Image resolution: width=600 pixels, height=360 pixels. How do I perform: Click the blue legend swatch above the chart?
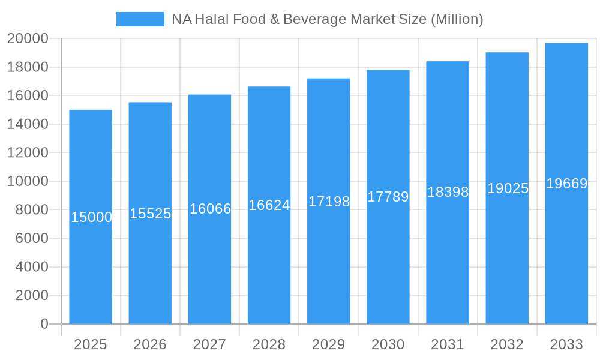(140, 19)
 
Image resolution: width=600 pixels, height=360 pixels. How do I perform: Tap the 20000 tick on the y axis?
(28, 38)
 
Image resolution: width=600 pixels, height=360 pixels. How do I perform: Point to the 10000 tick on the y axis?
(28, 181)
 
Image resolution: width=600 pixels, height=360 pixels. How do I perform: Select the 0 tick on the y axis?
(44, 324)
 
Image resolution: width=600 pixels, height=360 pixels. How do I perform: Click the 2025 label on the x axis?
(91, 344)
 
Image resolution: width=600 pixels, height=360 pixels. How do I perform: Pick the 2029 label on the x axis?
(328, 344)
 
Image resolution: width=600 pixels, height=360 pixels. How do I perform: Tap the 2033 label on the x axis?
(566, 344)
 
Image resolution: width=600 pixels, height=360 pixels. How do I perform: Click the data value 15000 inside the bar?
(91, 217)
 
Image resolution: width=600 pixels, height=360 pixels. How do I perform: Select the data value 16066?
(210, 209)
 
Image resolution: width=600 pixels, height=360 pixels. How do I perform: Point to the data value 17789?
(388, 197)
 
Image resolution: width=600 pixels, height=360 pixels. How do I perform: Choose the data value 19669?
(566, 184)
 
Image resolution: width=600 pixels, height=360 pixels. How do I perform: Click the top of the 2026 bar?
(150, 103)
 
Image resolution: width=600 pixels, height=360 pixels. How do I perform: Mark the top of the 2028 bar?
(269, 87)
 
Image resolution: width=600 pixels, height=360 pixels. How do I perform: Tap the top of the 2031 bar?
(448, 62)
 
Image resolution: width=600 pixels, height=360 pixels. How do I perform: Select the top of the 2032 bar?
(507, 53)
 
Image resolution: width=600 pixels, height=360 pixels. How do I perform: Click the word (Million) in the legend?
(457, 19)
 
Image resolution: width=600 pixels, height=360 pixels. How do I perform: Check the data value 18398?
(448, 192)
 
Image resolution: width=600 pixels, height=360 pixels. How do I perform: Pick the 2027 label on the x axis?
(209, 344)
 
